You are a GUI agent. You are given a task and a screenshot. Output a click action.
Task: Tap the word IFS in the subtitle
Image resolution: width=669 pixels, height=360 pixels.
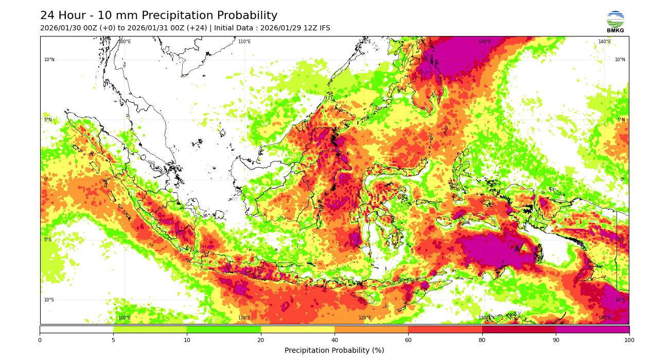click(323, 28)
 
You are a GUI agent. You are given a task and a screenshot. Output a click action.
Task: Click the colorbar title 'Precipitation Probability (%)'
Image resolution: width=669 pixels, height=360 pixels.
click(334, 351)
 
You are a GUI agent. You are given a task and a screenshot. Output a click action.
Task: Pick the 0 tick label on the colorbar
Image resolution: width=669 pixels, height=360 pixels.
click(40, 340)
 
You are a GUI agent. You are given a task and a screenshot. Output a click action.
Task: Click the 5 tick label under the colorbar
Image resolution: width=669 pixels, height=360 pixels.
click(113, 340)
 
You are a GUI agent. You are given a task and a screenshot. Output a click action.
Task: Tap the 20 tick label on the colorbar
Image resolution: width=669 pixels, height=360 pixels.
click(261, 340)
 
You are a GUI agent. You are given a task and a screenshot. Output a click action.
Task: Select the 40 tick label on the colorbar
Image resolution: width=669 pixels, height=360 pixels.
click(334, 340)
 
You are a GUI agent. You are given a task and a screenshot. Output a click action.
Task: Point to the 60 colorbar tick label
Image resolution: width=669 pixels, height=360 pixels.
click(408, 340)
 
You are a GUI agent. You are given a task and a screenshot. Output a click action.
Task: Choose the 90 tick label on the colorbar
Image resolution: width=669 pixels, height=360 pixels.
click(556, 340)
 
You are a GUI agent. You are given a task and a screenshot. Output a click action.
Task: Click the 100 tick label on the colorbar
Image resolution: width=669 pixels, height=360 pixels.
click(629, 340)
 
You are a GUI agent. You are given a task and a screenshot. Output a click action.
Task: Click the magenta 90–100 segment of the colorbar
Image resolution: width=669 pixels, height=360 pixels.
click(592, 329)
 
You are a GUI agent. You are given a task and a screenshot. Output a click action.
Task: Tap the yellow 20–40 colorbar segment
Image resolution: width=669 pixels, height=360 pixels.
click(297, 329)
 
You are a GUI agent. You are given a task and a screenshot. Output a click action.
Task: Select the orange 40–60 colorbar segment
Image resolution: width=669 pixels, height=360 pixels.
click(371, 329)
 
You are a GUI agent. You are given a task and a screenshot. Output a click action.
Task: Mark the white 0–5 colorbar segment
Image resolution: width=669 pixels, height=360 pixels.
click(76, 329)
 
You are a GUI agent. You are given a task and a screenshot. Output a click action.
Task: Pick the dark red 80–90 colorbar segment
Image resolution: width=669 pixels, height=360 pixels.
click(519, 329)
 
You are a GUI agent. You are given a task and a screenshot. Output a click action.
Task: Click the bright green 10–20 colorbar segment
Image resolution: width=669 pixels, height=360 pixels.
click(224, 329)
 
